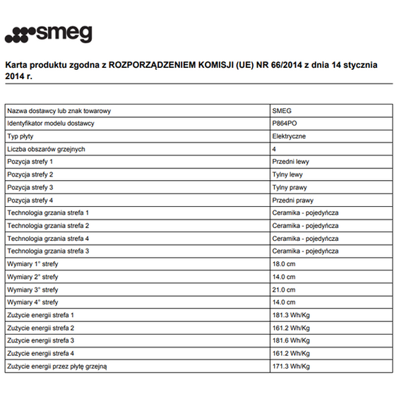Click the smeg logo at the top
pos(48,34)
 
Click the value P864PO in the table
pos(284,124)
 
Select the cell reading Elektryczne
pos(289,136)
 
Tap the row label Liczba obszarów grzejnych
pos(46,149)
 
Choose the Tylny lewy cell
pos(287,174)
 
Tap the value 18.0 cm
pos(284,263)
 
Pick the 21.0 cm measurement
pos(284,290)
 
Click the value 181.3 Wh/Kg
pos(291,315)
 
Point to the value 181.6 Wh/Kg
pos(291,340)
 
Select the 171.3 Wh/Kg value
pos(291,367)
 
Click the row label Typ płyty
pos(21,136)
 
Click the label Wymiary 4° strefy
pos(33,302)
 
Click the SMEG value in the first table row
pos(282,111)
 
